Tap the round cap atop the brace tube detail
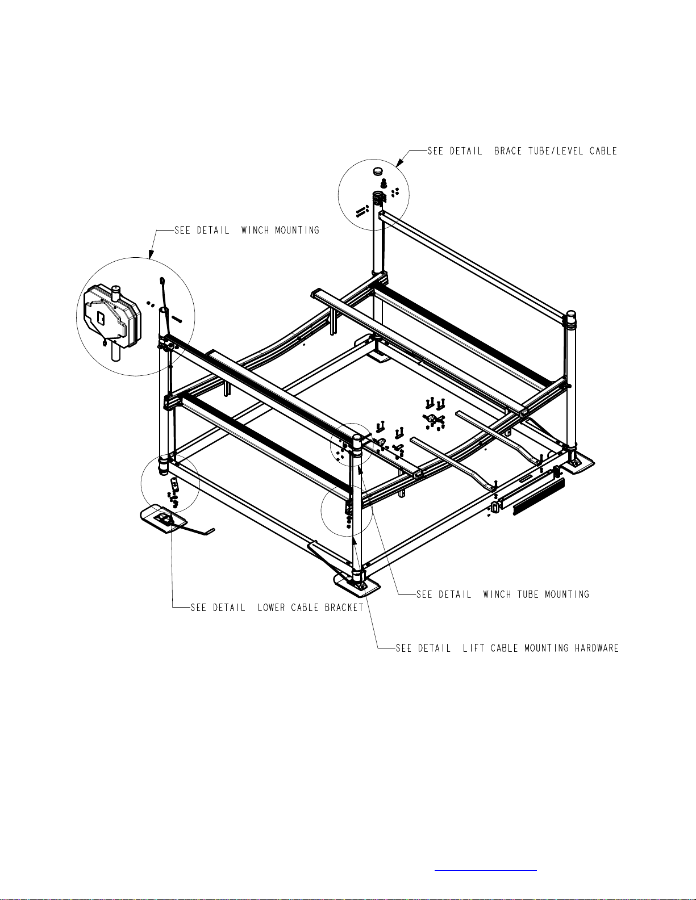378,171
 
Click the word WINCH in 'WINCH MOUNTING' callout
255,231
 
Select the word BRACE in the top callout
508,151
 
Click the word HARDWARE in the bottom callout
597,648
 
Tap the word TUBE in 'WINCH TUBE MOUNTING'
528,595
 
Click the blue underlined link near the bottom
486,870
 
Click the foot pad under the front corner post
357,585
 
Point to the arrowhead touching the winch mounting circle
151,254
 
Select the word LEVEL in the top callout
570,151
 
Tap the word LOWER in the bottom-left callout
271,608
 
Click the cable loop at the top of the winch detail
162,282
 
